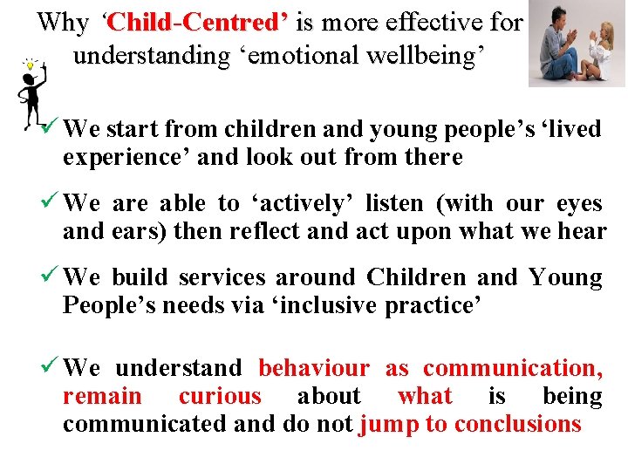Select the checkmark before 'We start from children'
[50, 129]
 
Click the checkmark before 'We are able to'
[50, 203]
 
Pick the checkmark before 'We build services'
[50, 277]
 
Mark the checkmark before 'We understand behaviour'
[50, 368]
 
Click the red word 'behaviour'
[314, 368]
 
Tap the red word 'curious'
[220, 396]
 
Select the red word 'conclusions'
[517, 424]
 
